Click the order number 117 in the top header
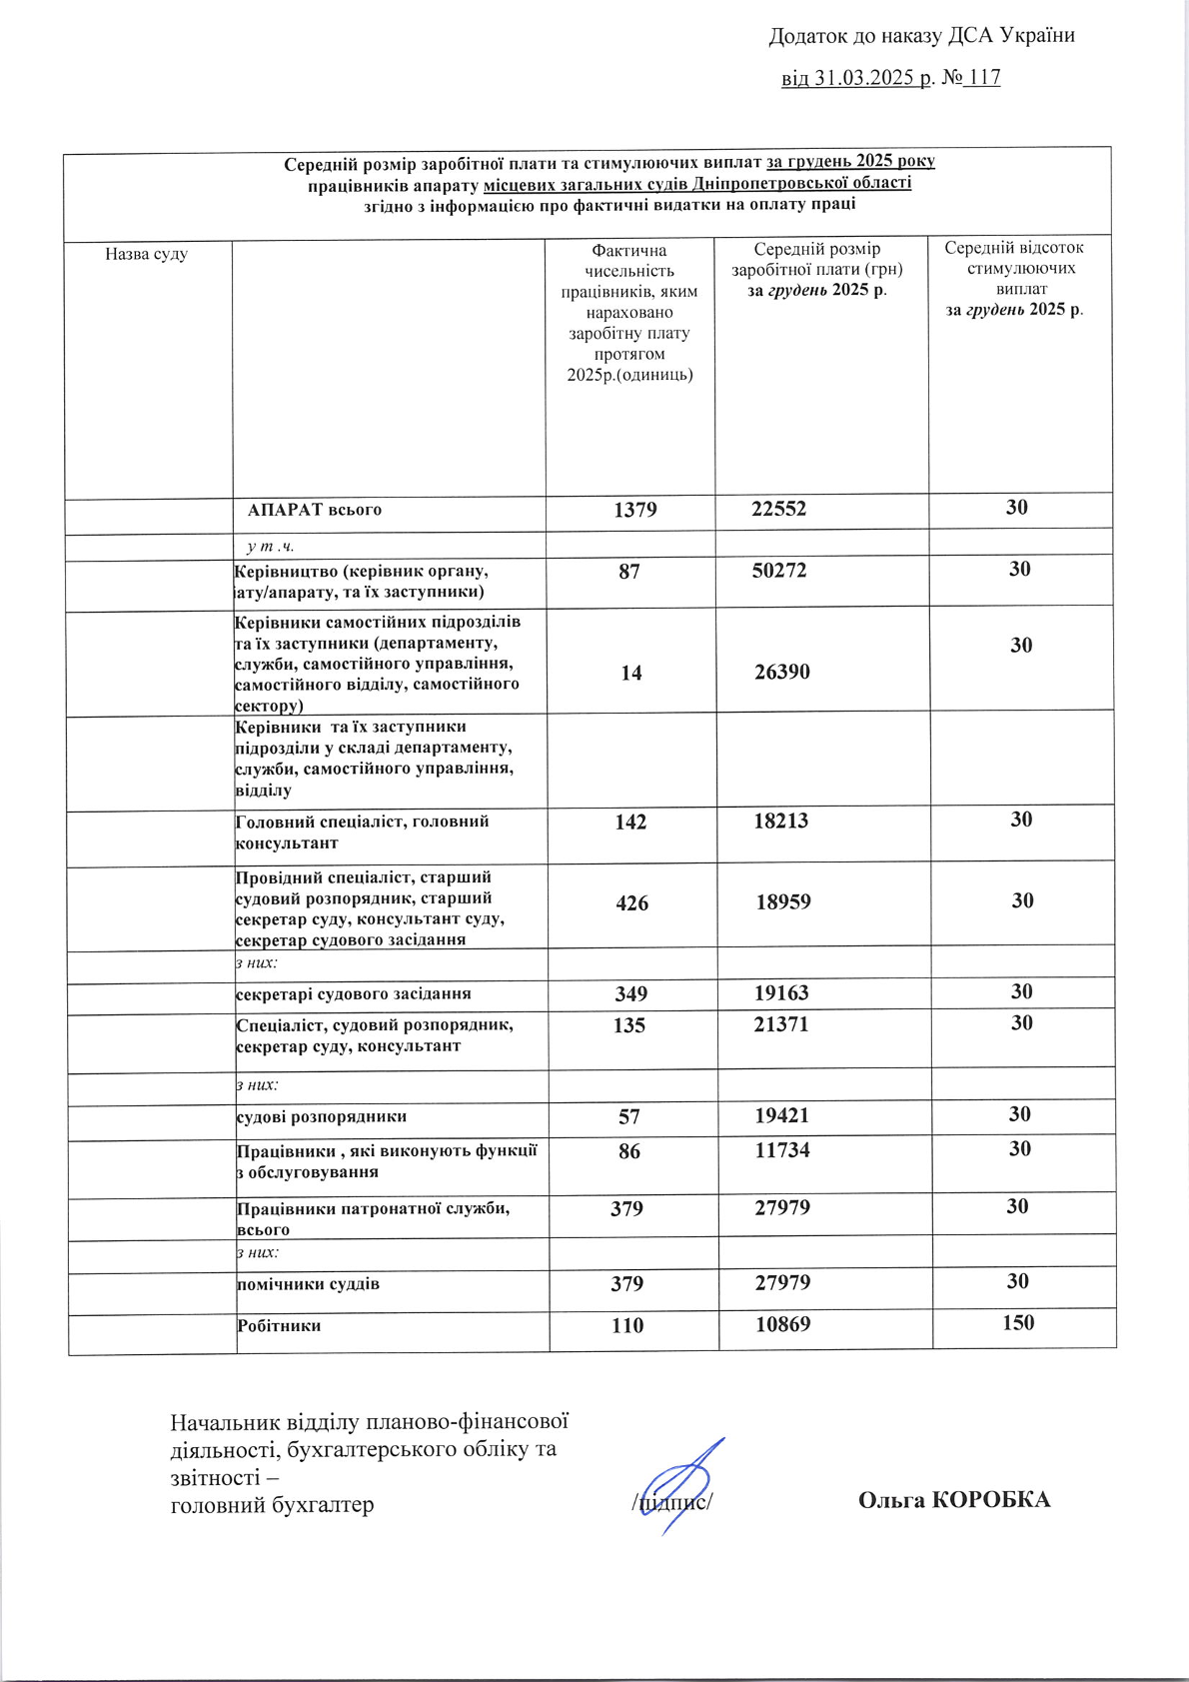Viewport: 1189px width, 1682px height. coord(984,78)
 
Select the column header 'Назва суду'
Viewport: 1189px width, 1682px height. coord(146,254)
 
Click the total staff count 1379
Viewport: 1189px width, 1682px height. coord(634,510)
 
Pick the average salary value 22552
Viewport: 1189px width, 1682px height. coord(778,509)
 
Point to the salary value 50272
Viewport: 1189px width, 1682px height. coord(779,571)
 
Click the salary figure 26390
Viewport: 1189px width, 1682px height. coord(782,672)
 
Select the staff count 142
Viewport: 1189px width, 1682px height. coord(630,822)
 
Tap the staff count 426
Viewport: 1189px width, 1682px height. coord(631,902)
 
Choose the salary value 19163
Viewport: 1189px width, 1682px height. coord(781,993)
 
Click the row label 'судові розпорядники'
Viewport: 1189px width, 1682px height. coord(322,1116)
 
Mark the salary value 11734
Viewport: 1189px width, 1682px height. coord(782,1150)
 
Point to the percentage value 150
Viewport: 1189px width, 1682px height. coord(1018,1322)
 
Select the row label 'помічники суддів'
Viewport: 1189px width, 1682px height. coord(308,1283)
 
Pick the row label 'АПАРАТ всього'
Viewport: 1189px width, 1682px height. coord(315,510)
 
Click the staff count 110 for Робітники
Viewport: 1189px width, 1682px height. coord(627,1325)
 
